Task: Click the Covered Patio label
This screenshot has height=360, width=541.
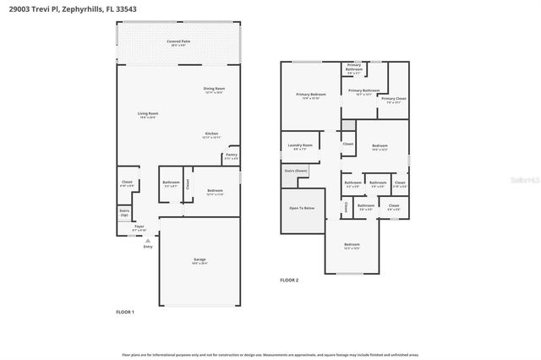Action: [x=178, y=41]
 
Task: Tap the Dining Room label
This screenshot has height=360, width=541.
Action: [x=214, y=90]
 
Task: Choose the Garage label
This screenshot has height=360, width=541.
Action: [x=199, y=261]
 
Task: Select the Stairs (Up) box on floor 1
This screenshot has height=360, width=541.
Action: [x=124, y=213]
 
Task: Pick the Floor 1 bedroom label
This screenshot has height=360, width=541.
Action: [x=215, y=192]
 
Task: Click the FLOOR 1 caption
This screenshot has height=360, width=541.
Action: [x=125, y=313]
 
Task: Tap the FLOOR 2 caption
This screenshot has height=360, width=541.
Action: [x=289, y=280]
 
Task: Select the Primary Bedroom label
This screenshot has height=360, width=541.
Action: [x=310, y=95]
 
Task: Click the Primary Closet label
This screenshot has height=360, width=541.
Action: [x=393, y=100]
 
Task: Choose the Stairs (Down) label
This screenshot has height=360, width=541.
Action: [x=296, y=172]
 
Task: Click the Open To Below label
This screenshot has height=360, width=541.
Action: [x=302, y=208]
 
